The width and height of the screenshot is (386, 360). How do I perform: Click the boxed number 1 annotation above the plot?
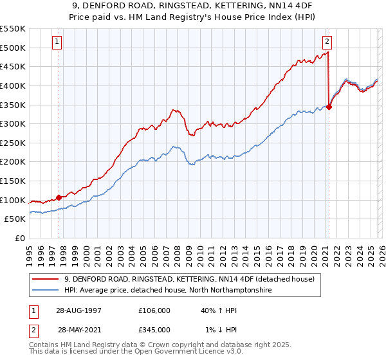point(57,42)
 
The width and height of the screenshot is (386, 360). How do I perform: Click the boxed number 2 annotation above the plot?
point(327,42)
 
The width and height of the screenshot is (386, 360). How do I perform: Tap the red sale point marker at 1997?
point(59,198)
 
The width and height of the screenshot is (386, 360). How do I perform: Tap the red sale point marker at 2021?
point(329,107)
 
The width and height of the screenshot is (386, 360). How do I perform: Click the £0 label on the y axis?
point(21,239)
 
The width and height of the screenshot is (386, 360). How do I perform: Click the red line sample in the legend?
point(46,279)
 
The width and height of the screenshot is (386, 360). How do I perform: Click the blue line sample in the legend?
point(46,291)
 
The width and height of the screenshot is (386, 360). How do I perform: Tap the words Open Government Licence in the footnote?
point(176,354)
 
